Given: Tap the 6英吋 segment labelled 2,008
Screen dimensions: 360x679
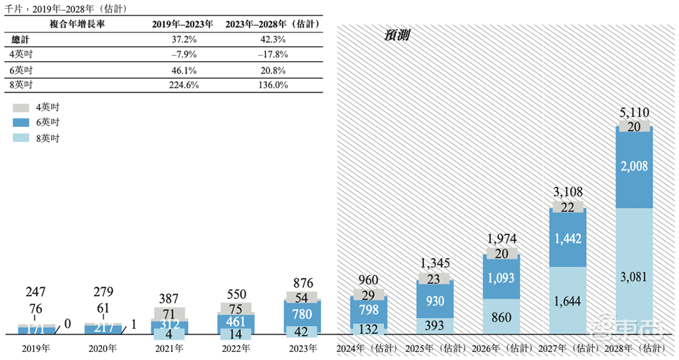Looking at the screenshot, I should [634, 167].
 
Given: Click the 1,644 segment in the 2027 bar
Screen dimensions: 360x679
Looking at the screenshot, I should [568, 300].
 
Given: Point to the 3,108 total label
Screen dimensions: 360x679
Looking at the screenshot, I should [568, 192].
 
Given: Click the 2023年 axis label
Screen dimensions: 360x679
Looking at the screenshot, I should [301, 347].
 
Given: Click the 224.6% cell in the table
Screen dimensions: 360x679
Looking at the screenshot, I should [181, 85].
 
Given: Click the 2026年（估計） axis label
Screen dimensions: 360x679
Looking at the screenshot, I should [501, 347].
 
